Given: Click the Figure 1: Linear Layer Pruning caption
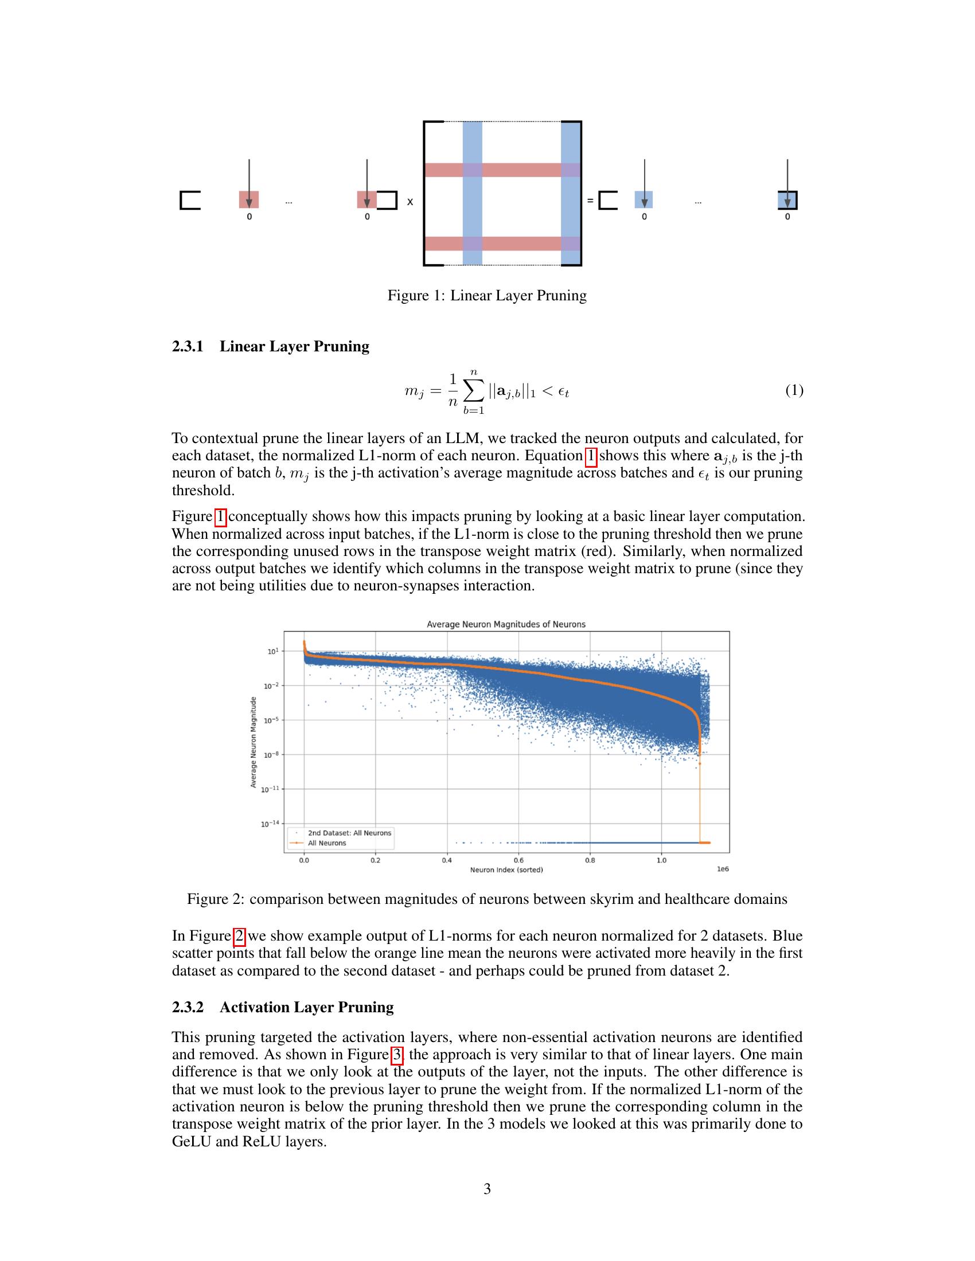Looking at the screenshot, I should click(x=486, y=296).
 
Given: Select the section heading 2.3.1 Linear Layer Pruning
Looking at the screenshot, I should click(x=270, y=346).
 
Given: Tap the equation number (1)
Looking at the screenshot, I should click(x=794, y=391).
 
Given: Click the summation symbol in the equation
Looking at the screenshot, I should click(x=473, y=392).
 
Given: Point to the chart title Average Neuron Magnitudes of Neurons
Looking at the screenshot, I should click(x=505, y=624).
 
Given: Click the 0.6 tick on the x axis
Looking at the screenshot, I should click(x=518, y=860).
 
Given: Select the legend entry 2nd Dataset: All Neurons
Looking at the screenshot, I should click(x=349, y=833).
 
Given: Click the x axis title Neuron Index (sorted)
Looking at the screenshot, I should click(x=506, y=870).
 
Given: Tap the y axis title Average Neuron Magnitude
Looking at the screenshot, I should click(x=253, y=741).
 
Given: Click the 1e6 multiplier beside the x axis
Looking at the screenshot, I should click(x=722, y=869).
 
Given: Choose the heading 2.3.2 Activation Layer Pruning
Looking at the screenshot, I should click(x=282, y=1007).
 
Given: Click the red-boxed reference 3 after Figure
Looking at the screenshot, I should click(x=397, y=1054).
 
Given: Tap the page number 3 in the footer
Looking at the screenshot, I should click(x=487, y=1189).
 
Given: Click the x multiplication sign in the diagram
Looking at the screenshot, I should click(x=410, y=202).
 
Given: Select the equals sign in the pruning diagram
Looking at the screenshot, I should click(x=590, y=201).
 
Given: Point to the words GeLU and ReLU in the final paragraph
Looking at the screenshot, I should click(x=249, y=1141).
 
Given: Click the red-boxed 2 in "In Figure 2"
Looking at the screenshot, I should click(x=240, y=935).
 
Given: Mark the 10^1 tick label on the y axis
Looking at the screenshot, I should click(x=272, y=651).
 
